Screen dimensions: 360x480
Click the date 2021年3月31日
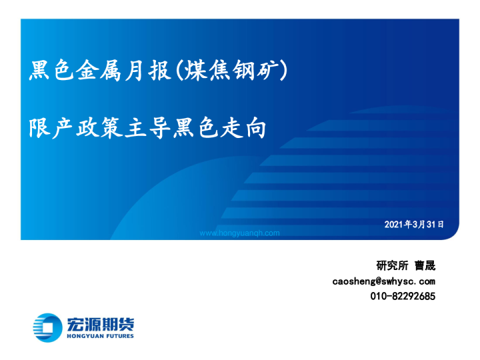pyautogui.click(x=414, y=225)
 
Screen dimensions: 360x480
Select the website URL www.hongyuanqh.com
pyautogui.click(x=240, y=233)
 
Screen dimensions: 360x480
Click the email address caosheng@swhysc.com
pyautogui.click(x=384, y=281)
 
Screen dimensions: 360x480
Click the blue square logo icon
pyautogui.click(x=47, y=327)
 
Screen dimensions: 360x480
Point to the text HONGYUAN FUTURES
pyautogui.click(x=100, y=336)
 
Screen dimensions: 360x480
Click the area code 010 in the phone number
pyautogui.click(x=378, y=296)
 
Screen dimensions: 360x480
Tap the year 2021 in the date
pyautogui.click(x=394, y=225)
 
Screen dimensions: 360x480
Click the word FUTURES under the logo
pyautogui.click(x=117, y=336)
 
